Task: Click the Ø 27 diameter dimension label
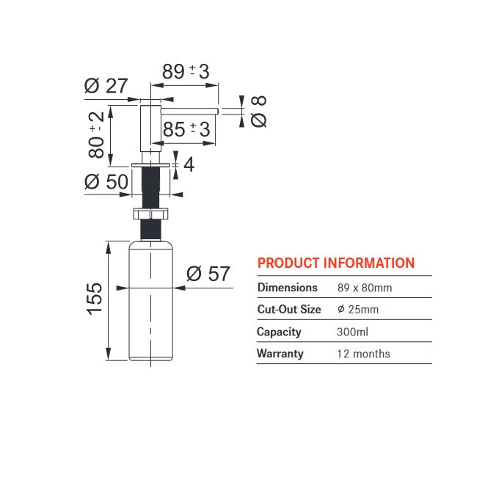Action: tap(106, 86)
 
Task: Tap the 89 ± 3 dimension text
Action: tap(186, 71)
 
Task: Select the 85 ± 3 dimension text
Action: tap(186, 129)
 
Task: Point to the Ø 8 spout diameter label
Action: tap(258, 112)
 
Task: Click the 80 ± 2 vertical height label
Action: tap(96, 135)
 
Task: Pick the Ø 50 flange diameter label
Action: tap(106, 181)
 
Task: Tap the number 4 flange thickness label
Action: tap(189, 164)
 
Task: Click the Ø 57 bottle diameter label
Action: tap(208, 274)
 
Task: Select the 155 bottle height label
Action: tap(94, 299)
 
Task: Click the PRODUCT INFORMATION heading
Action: tap(336, 263)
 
